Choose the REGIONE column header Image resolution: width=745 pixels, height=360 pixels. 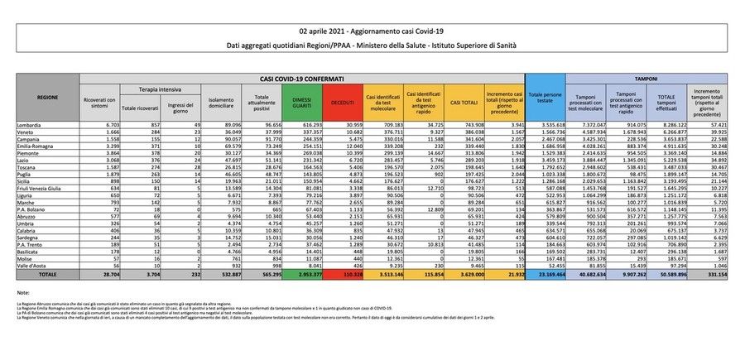(47, 97)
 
